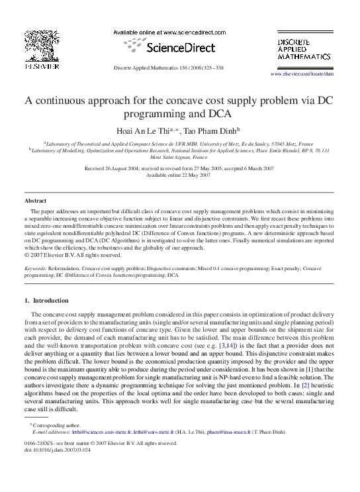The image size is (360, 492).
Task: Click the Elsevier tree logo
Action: coord(42,45)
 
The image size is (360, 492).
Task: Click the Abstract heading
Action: coord(35,200)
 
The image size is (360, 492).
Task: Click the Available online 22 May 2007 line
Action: coord(180,175)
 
